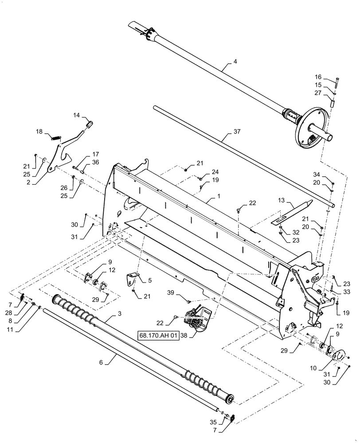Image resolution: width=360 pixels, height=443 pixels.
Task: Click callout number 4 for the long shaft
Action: (x=235, y=62)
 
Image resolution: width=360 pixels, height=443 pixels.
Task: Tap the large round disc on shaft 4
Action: (x=315, y=129)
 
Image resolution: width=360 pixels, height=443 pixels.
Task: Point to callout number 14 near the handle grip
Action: (x=76, y=115)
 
